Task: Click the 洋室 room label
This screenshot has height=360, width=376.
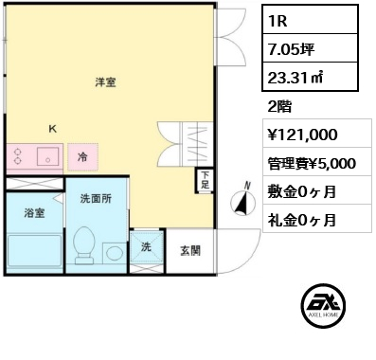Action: coord(105,82)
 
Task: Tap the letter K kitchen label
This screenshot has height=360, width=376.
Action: coord(53,129)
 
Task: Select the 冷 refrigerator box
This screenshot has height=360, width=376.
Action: coord(82,157)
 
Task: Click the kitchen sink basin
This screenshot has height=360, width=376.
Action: coord(47,156)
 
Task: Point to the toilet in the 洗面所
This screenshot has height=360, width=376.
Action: coord(84,245)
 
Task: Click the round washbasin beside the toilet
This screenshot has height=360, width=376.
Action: coord(115,252)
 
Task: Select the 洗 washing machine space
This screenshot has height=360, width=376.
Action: coord(147,246)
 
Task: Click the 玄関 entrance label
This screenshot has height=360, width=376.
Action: coord(190,251)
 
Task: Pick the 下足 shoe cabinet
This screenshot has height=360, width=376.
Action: coord(205,180)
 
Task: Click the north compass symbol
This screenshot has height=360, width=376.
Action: coord(243,201)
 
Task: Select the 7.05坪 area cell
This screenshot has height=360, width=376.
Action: coord(310,48)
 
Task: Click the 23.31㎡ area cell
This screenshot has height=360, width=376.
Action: coord(310,77)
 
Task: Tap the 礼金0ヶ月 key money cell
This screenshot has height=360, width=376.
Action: coord(317,218)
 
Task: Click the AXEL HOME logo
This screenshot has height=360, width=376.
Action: coord(323,306)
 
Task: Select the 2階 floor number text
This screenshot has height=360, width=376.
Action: coord(279,106)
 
